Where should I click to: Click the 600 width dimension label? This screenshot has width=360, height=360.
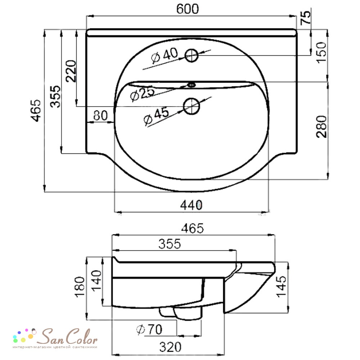tap(187, 9)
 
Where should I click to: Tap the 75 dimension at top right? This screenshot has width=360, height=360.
tap(306, 17)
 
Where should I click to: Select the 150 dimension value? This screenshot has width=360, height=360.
tap(321, 52)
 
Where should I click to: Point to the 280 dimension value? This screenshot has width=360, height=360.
tap(321, 126)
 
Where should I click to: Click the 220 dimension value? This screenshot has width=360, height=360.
tap(71, 71)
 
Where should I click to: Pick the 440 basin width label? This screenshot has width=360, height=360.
tap(191, 205)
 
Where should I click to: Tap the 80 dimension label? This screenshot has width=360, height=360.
tap(100, 116)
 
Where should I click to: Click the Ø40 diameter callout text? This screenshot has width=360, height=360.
tap(165, 55)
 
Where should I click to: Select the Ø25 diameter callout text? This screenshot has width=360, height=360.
tap(142, 94)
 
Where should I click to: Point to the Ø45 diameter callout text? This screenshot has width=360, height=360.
tap(156, 116)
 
